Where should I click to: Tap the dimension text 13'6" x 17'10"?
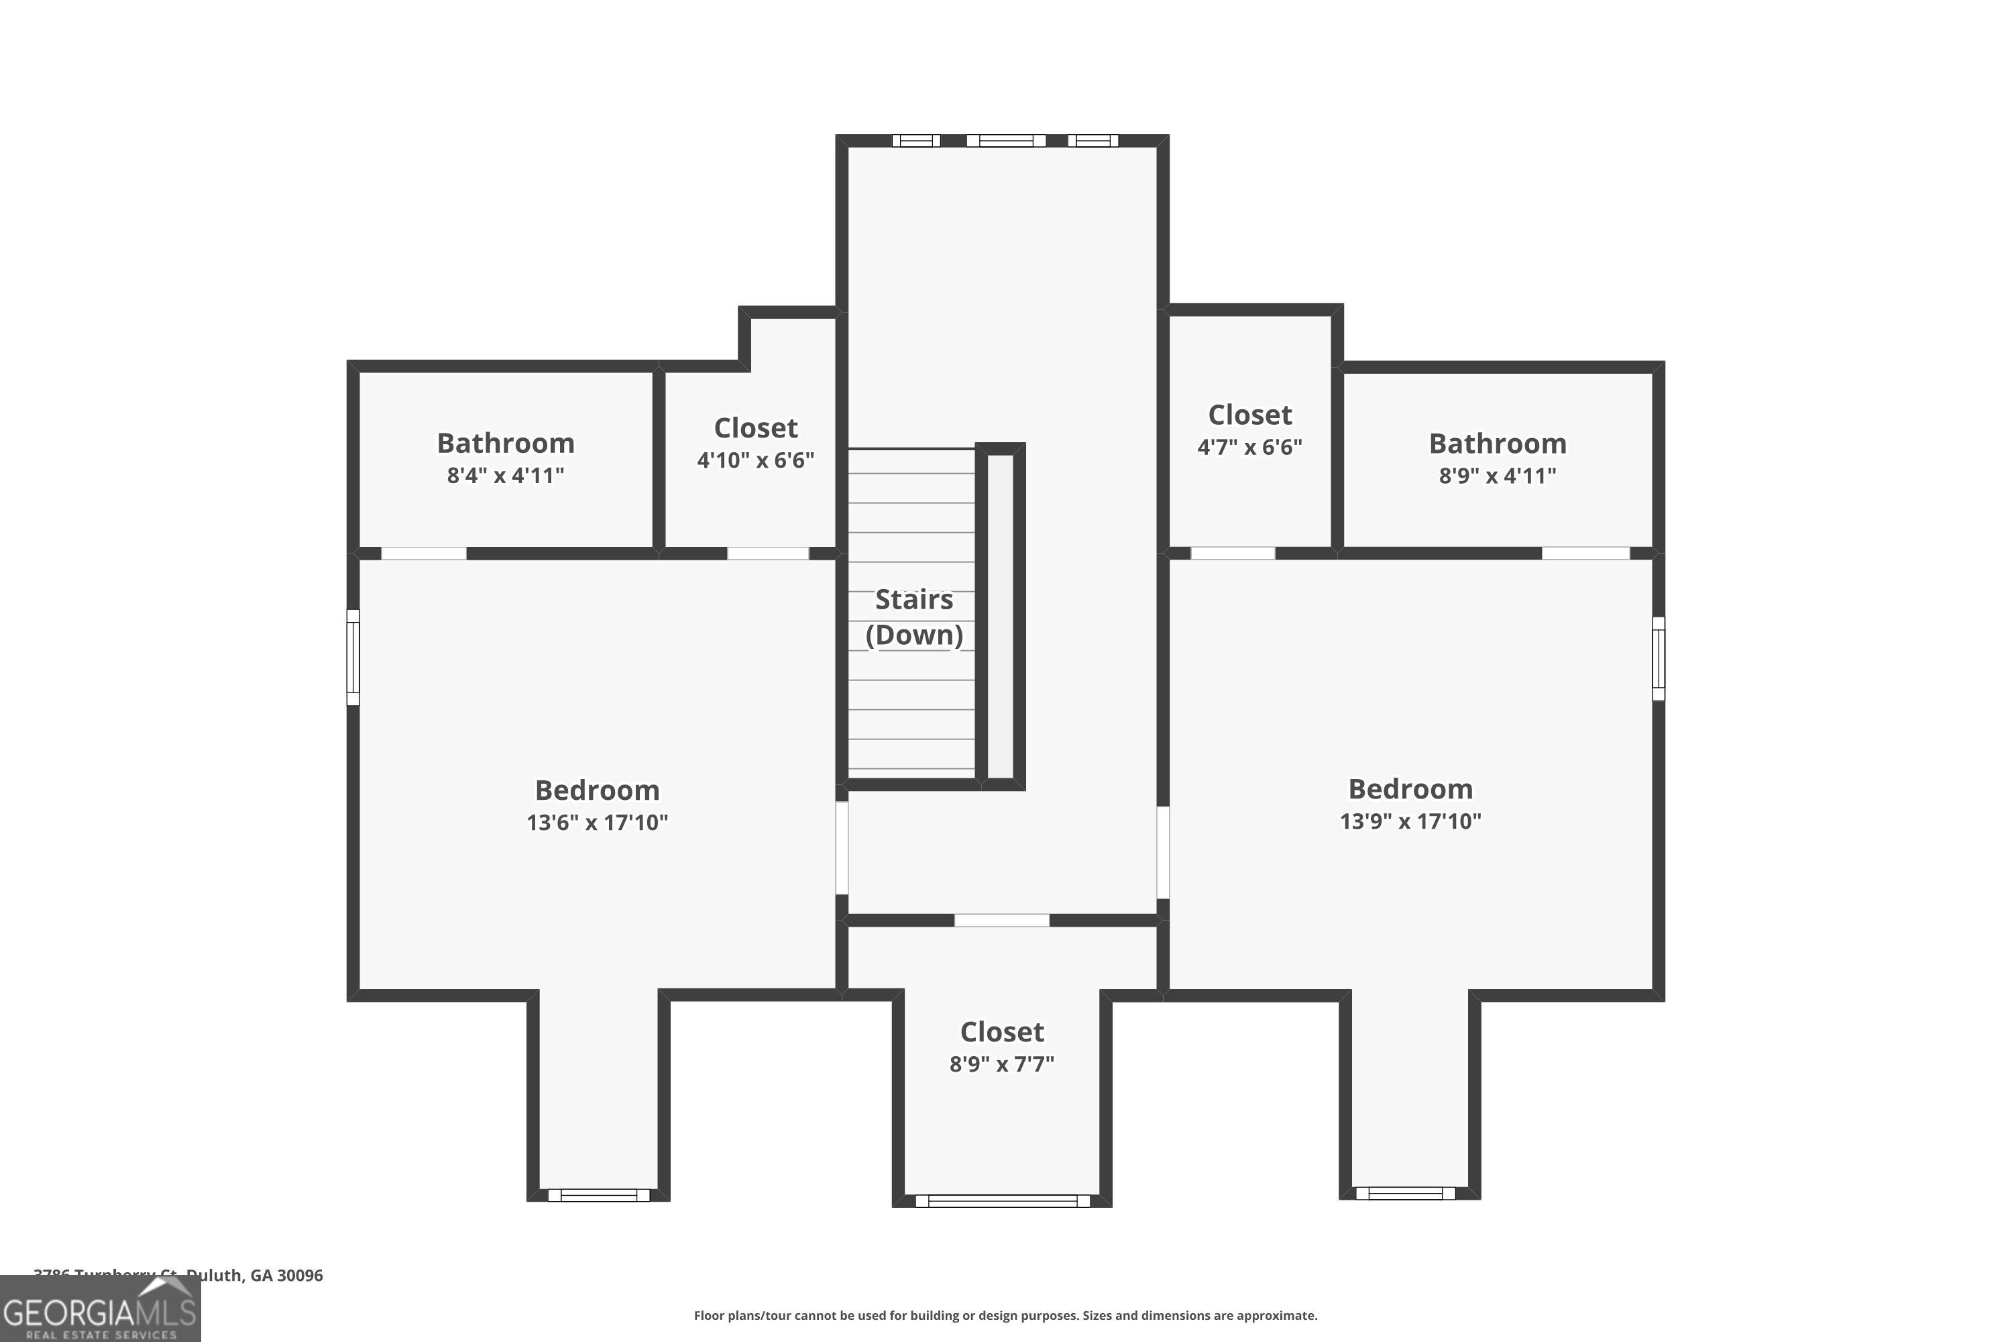coord(597,823)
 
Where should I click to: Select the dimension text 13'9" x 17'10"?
coord(1410,821)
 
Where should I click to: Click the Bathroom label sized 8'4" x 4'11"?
coord(506,444)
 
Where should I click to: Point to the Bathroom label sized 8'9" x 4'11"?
coord(1497,444)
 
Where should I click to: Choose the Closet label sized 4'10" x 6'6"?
coord(755,428)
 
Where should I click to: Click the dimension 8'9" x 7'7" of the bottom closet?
coord(1002,1064)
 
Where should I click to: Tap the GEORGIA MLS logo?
coord(100,1310)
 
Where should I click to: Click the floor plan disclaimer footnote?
coord(1005,1315)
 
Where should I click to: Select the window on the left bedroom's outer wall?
coord(353,658)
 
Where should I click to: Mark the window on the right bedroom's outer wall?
coord(1658,658)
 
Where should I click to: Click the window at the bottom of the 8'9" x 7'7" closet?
coord(1002,1201)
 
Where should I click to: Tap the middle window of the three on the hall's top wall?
coord(1006,140)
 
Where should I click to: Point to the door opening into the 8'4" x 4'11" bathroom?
coord(423,554)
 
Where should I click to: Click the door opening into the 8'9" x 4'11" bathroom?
coord(1585,554)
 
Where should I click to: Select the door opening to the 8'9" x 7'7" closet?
coord(1002,920)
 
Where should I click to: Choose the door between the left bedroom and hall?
coord(842,847)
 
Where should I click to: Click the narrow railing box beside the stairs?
coord(1000,616)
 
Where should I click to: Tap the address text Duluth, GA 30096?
coord(254,1276)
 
